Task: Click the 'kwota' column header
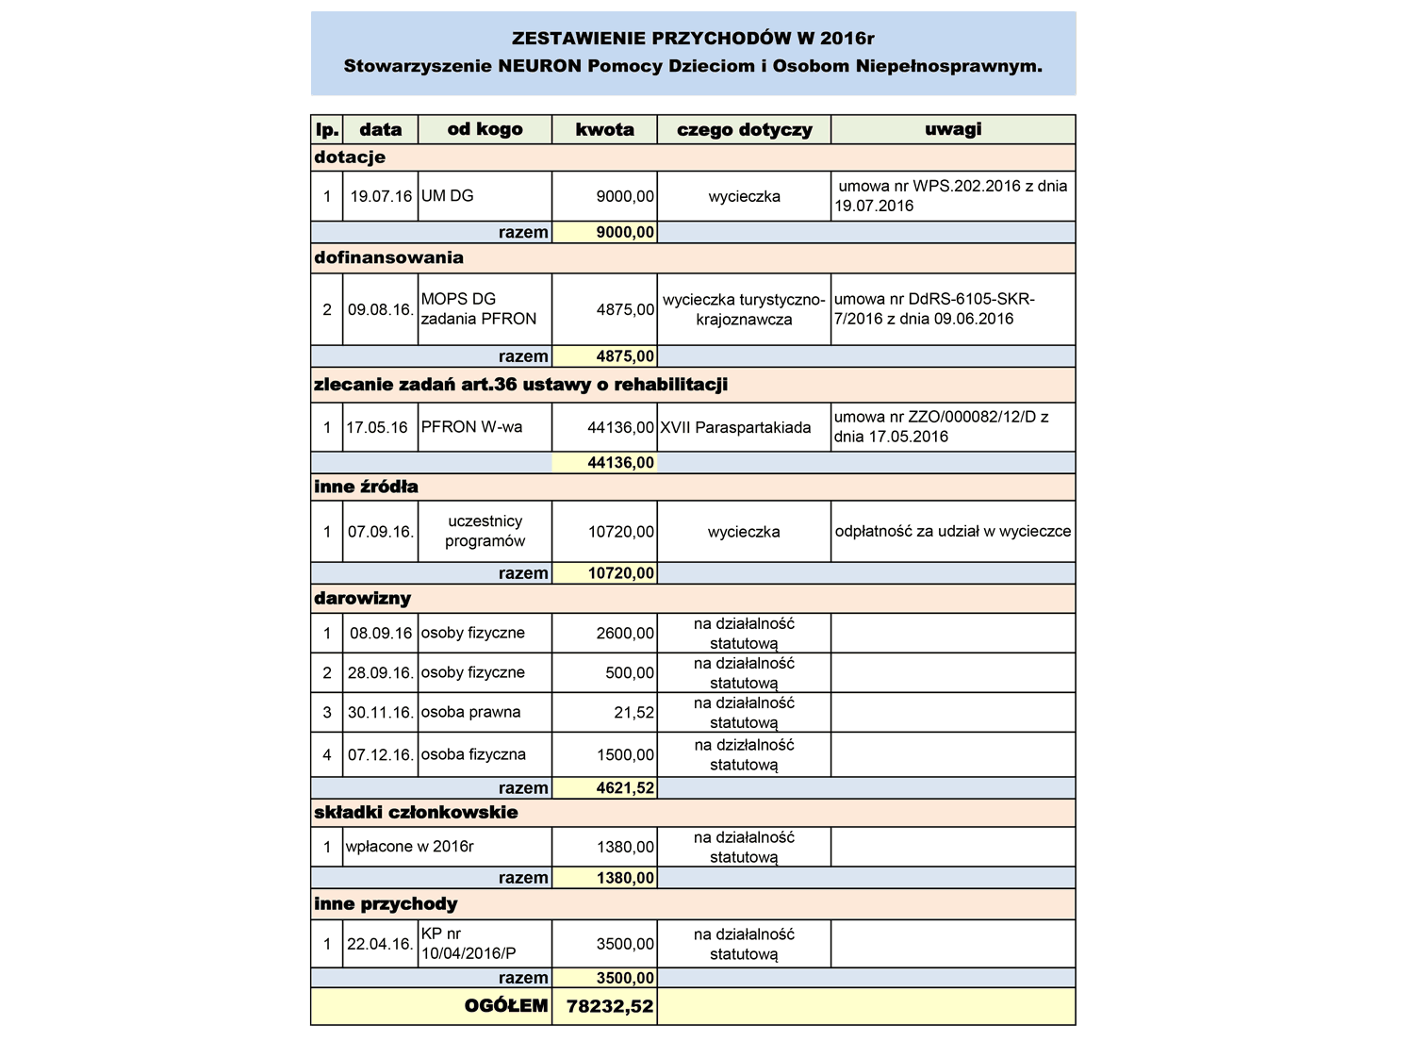(604, 129)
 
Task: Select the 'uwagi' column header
(953, 129)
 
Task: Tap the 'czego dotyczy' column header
(744, 129)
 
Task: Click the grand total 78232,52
(610, 1006)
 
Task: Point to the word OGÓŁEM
(506, 1006)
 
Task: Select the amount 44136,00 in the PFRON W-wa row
(620, 427)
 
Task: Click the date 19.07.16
(381, 196)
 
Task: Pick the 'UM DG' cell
(448, 196)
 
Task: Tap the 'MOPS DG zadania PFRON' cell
(479, 309)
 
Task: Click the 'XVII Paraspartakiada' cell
(735, 427)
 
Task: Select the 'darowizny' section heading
(363, 598)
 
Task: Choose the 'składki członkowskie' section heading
(416, 812)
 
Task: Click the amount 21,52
(633, 712)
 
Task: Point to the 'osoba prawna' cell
(470, 712)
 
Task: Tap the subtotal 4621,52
(625, 787)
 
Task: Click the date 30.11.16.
(381, 712)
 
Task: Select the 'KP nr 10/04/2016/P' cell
(469, 943)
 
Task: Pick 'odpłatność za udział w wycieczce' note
(953, 531)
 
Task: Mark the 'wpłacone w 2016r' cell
(410, 846)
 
